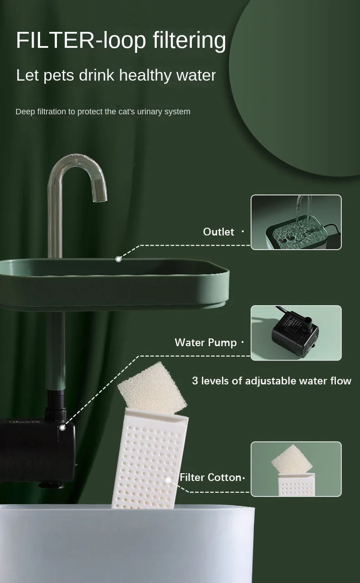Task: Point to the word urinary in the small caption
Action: (x=149, y=112)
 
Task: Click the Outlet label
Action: (x=218, y=232)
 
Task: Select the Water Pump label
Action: (x=206, y=343)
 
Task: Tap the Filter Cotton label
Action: (x=210, y=477)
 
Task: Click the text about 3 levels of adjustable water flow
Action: (x=272, y=381)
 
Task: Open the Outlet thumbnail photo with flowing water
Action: (x=296, y=222)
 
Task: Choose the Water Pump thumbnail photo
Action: (x=296, y=333)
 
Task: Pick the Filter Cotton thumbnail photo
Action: (x=296, y=469)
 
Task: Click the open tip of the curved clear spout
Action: (x=100, y=200)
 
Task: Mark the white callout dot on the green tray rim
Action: (x=118, y=259)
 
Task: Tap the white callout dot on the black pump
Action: (x=62, y=427)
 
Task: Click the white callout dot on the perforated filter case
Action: (x=169, y=480)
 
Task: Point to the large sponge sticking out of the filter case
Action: (x=152, y=389)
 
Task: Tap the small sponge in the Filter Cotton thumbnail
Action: (x=292, y=460)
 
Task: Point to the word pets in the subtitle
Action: (x=59, y=76)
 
